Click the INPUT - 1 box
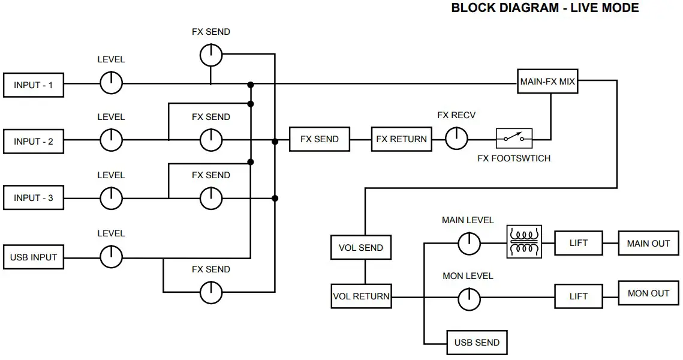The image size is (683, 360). point(34,85)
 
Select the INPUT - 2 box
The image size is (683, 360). point(34,141)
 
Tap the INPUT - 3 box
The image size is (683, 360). point(34,198)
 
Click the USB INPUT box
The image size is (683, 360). point(34,257)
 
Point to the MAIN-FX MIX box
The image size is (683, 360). point(547,81)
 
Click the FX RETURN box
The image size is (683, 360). point(402,139)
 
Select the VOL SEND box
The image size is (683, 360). point(361,248)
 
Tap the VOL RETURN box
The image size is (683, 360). point(361,296)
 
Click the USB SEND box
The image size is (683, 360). point(477,343)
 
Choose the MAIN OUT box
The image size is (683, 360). point(649,243)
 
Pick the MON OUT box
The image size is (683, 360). point(649,293)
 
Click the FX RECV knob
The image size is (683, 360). point(456,139)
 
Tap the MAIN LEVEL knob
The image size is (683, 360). point(469,243)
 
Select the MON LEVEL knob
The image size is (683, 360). point(469,299)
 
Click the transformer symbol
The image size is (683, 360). point(525,242)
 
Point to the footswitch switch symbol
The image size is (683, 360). point(514,139)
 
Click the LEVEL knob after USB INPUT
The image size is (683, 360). point(111,257)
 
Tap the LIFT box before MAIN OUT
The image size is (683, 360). point(579,243)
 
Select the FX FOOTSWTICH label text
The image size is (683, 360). point(514,158)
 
